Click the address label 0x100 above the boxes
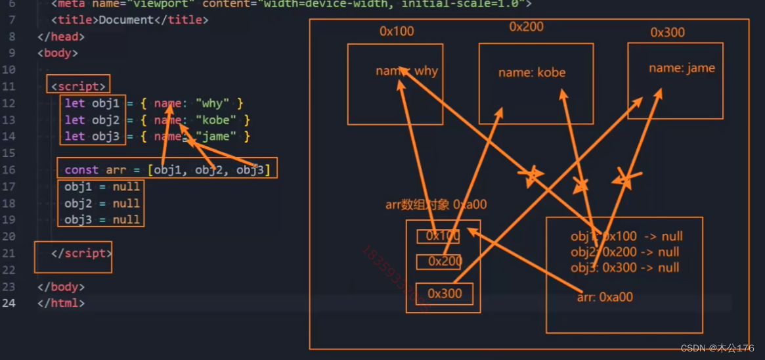[x=397, y=32]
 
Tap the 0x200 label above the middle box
[x=527, y=27]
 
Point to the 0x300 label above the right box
[x=667, y=32]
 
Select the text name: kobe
[x=532, y=72]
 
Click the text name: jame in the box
[x=682, y=68]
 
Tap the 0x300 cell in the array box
[x=445, y=294]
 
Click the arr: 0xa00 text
[x=605, y=297]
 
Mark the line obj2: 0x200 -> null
[x=624, y=252]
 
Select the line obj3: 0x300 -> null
[x=624, y=267]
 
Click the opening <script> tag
[x=78, y=87]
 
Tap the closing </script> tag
[x=81, y=254]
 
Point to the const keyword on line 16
[x=81, y=170]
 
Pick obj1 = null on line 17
[x=102, y=187]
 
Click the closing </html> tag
[x=60, y=304]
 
